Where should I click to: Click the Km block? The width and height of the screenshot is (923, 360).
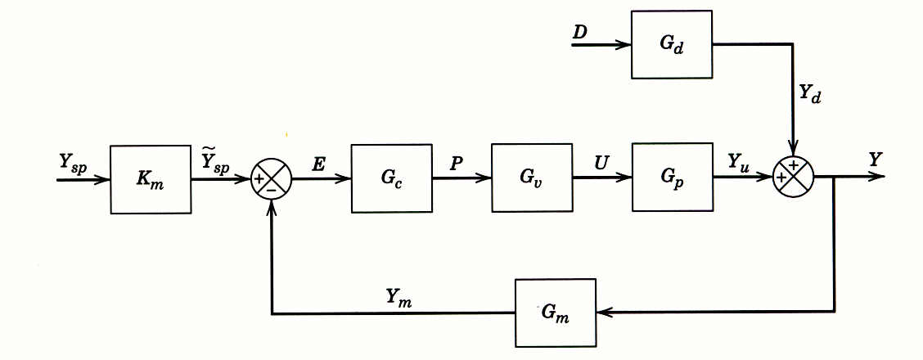(151, 179)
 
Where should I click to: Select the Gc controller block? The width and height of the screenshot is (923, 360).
(392, 178)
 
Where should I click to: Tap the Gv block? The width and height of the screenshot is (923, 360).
(532, 178)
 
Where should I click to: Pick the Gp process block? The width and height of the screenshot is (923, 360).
(672, 178)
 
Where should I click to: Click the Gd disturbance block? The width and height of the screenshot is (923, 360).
(672, 44)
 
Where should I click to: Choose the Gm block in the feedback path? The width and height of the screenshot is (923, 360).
(556, 313)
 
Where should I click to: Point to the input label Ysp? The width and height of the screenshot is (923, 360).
(74, 162)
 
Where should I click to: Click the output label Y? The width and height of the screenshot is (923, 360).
(876, 160)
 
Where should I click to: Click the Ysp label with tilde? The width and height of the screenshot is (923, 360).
(217, 160)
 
